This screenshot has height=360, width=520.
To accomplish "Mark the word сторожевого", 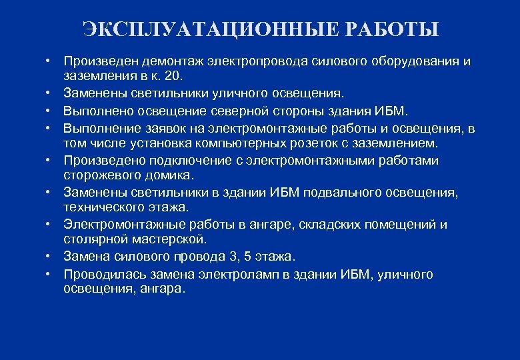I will (98, 175).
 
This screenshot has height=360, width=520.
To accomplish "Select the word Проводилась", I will (103, 273).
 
